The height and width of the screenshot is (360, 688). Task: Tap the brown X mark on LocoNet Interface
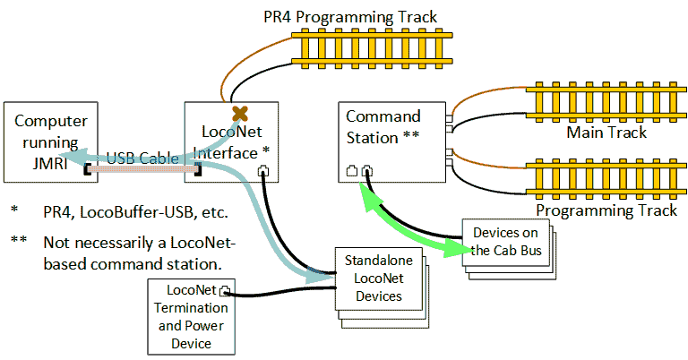click(x=239, y=113)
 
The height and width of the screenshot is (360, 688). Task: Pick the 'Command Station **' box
click(x=391, y=141)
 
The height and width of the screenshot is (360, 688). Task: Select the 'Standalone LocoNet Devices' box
click(x=373, y=278)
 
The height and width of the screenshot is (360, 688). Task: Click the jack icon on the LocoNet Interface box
click(x=263, y=170)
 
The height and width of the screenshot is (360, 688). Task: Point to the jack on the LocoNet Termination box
click(x=224, y=290)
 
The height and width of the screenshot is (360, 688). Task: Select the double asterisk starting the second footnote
click(x=19, y=240)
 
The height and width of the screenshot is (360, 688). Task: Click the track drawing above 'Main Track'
click(x=606, y=99)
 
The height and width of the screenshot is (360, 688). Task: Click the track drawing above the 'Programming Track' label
click(x=606, y=176)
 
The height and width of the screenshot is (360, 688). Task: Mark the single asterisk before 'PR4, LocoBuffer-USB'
click(x=14, y=211)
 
